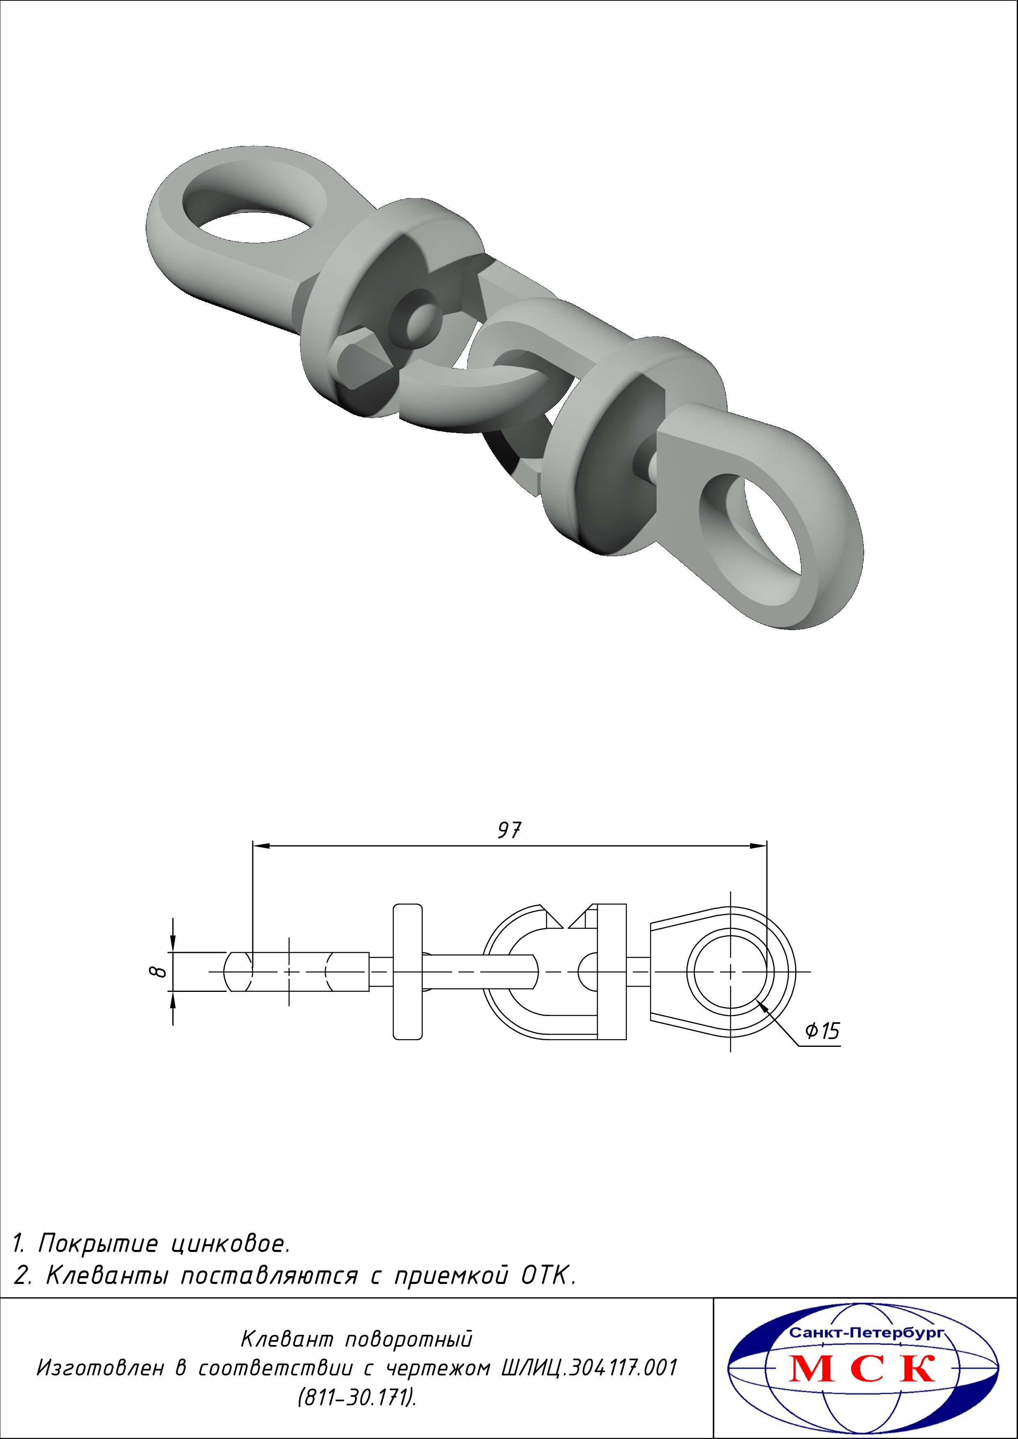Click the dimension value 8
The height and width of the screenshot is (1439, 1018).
coord(159,971)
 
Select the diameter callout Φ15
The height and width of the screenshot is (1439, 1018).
coord(822,1031)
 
